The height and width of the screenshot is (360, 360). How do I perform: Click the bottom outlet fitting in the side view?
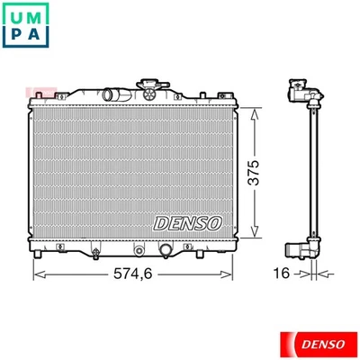(301, 248)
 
